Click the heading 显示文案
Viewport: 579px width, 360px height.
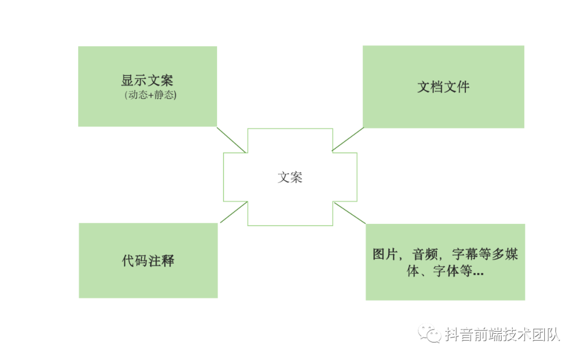pos(147,81)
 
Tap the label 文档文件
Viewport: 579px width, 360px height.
pos(443,87)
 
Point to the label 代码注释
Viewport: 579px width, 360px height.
pos(148,261)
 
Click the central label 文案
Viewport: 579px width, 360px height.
pos(290,177)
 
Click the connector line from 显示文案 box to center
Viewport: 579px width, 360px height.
pos(232,140)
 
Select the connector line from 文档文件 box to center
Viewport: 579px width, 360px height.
pos(348,139)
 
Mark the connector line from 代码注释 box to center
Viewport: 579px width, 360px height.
pos(233,212)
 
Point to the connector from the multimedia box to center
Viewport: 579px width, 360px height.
pos(350,213)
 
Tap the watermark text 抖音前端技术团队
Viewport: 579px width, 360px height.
pos(502,334)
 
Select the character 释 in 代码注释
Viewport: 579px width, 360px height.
pos(168,261)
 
